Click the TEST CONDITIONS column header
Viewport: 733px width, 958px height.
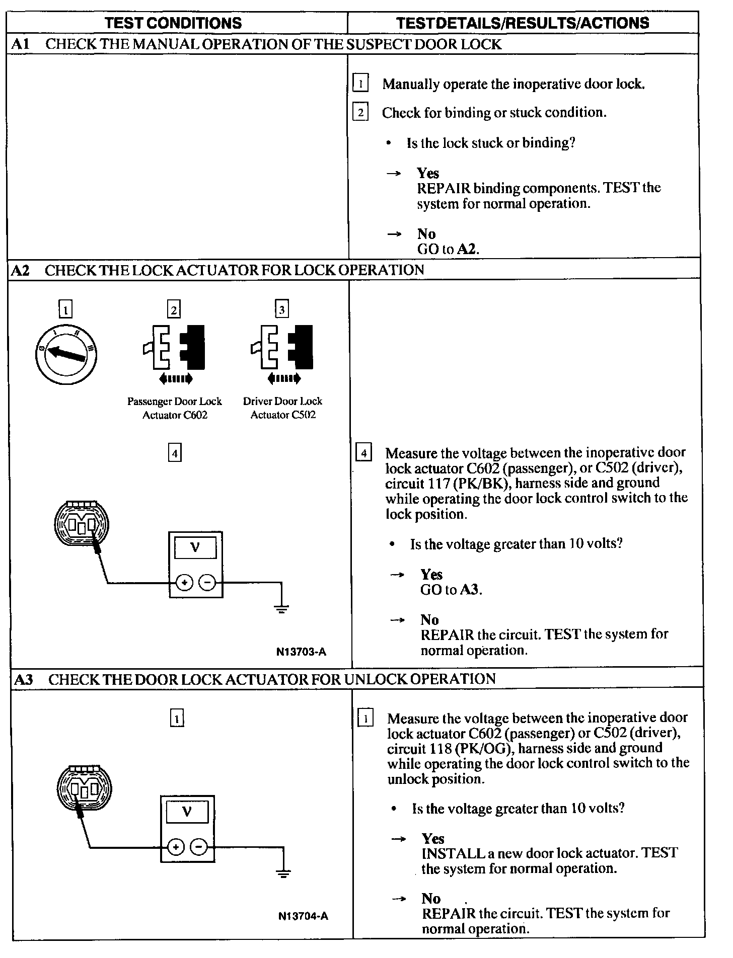(x=173, y=23)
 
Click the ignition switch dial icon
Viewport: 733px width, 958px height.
(x=66, y=355)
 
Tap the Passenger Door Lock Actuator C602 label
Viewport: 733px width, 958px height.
(x=174, y=408)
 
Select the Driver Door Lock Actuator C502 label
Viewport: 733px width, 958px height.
(x=282, y=408)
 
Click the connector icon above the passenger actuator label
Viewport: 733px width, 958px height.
(x=174, y=348)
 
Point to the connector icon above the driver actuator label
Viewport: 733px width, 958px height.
(x=282, y=348)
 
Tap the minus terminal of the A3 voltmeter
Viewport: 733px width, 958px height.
(x=199, y=847)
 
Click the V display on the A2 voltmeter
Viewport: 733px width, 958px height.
(x=195, y=548)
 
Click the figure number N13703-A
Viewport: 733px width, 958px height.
(x=301, y=652)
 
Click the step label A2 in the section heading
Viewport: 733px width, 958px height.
(x=21, y=270)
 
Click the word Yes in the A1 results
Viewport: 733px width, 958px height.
(x=428, y=173)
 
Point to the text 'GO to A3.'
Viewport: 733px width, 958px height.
(x=451, y=589)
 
